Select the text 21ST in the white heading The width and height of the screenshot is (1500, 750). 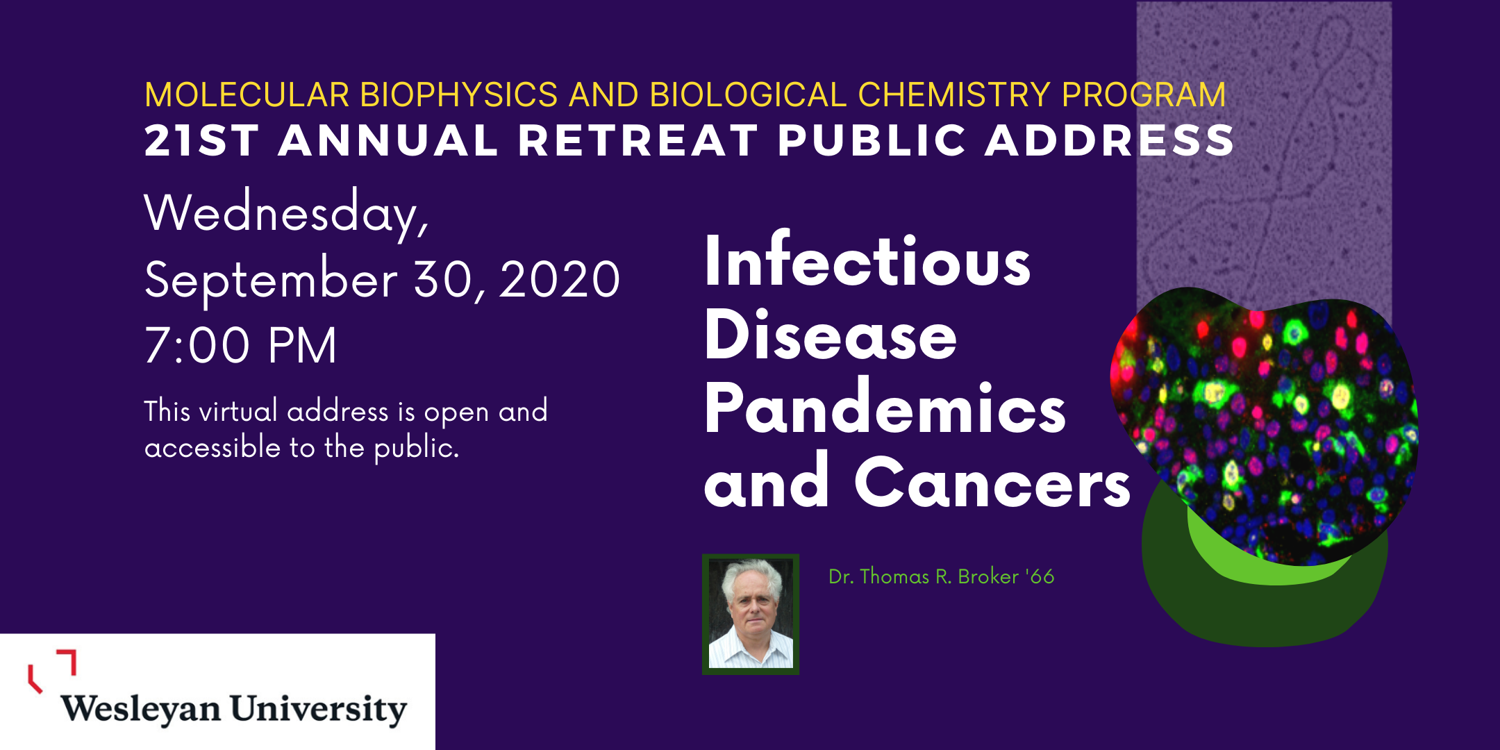click(x=202, y=141)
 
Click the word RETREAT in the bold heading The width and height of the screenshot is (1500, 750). click(x=638, y=141)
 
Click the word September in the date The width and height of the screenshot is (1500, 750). click(x=271, y=281)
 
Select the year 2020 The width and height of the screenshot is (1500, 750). click(x=559, y=281)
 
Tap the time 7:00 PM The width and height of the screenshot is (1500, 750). click(x=241, y=345)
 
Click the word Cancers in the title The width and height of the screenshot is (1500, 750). click(x=993, y=482)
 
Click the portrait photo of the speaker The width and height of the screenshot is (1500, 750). click(x=751, y=614)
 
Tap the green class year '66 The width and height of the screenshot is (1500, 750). click(x=1040, y=576)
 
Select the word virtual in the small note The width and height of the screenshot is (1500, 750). click(x=239, y=411)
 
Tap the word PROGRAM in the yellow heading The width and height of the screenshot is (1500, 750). click(x=1144, y=95)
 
